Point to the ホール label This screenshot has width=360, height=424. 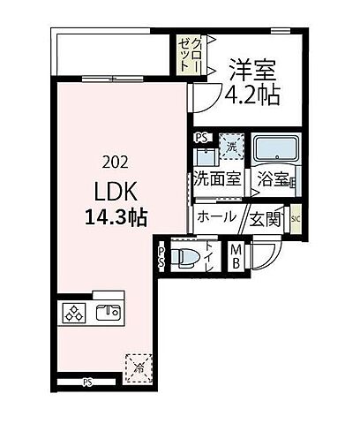click(216, 216)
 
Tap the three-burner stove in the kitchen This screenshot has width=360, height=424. click(72, 312)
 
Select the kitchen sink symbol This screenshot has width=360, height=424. click(108, 311)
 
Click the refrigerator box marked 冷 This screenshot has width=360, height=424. click(138, 363)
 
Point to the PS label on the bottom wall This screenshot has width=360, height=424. click(87, 382)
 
